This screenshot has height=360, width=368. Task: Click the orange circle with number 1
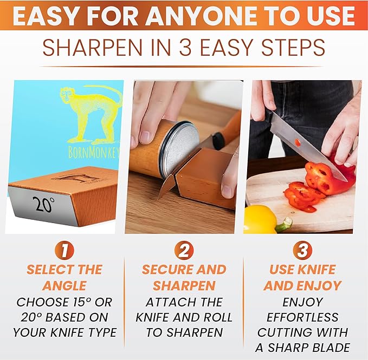64,250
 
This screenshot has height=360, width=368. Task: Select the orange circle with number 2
184,250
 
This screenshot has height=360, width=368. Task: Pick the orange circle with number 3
302,250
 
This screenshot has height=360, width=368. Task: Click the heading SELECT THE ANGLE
64,277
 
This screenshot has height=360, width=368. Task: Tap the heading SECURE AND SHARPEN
184,277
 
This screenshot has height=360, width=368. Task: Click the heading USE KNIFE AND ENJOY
302,277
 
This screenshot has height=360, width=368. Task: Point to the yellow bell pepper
261,219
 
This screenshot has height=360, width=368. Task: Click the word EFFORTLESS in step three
302,317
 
